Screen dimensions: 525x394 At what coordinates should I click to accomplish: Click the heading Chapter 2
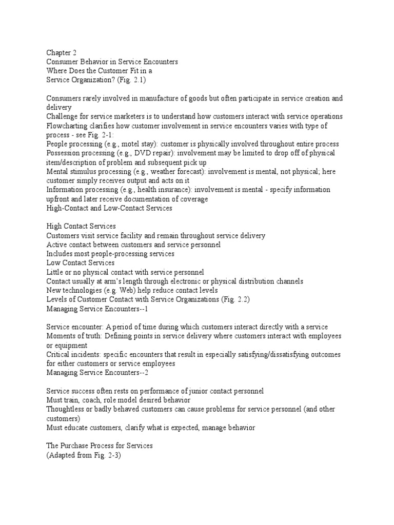coord(62,52)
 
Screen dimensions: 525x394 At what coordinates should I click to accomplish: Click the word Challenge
coord(62,116)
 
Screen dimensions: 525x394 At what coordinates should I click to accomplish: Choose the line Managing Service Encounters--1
coord(97,309)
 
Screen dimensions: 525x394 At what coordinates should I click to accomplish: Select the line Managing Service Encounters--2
coord(97,372)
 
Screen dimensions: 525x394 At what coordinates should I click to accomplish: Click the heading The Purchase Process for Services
coord(100,446)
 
